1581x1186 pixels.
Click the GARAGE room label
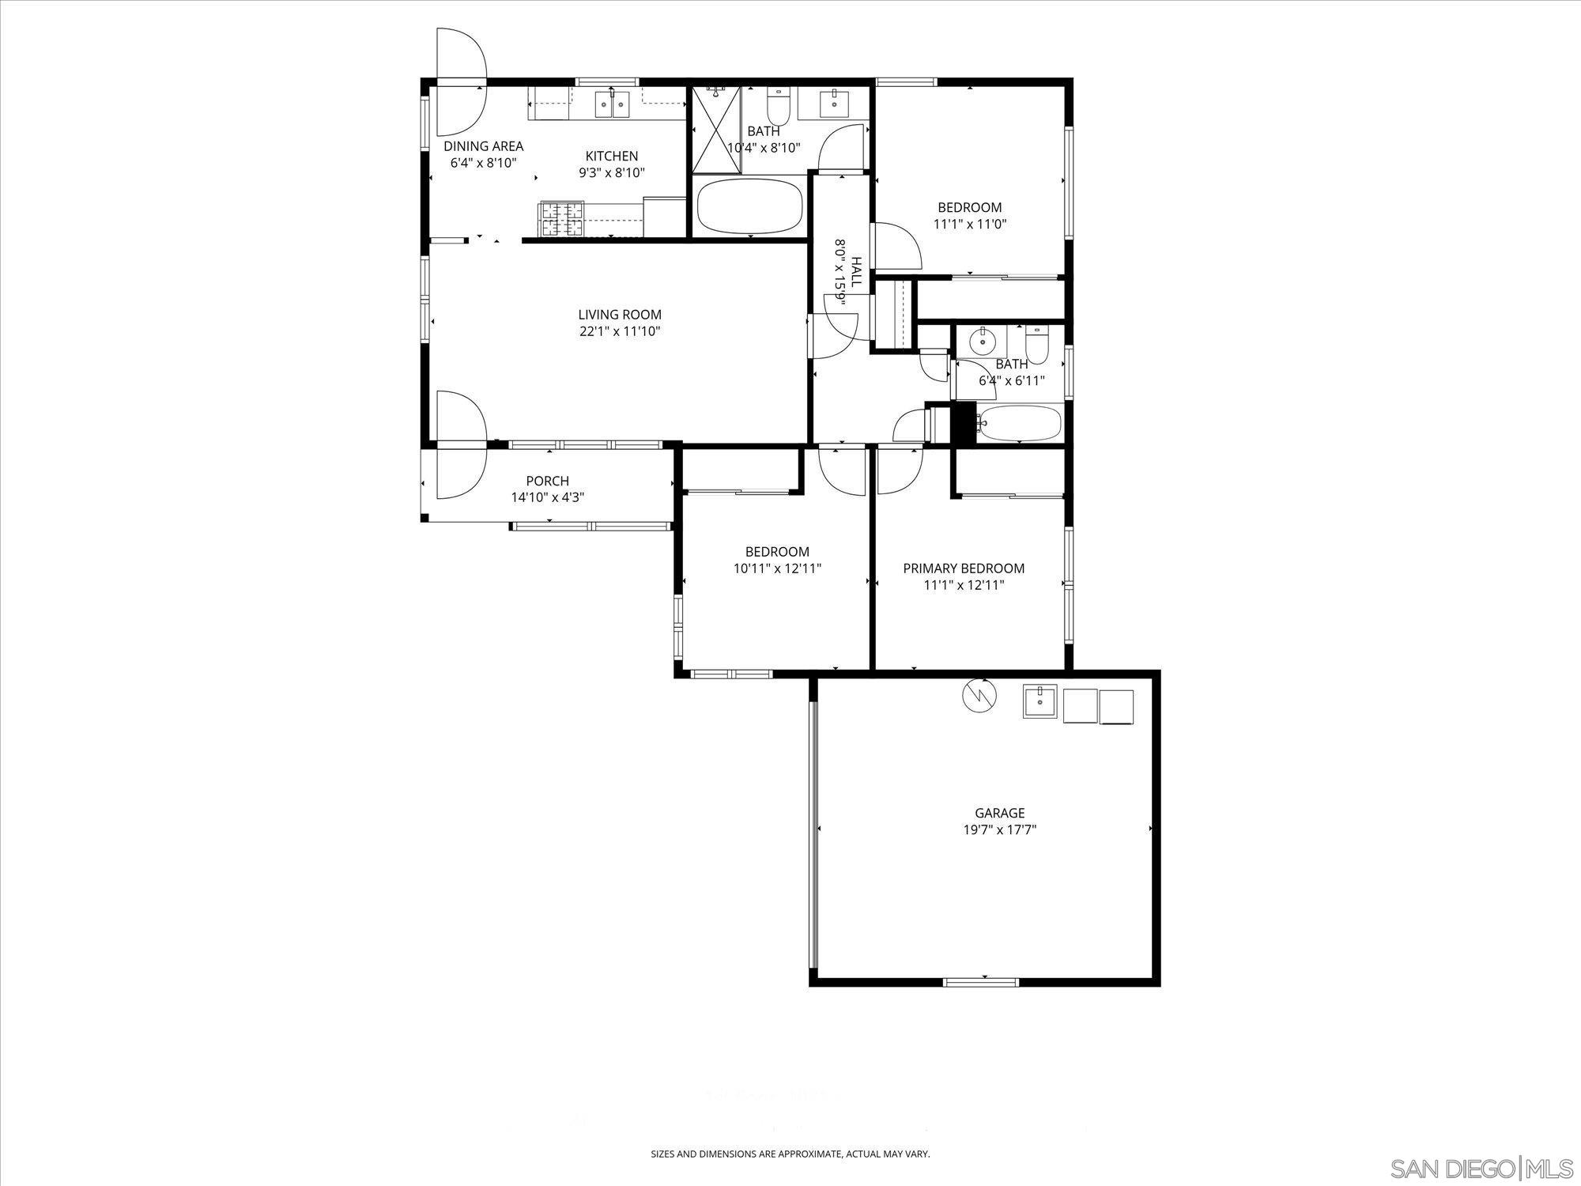pyautogui.click(x=999, y=813)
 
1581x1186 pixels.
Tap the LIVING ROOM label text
pyautogui.click(x=619, y=315)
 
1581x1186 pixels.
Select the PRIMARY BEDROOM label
pyautogui.click(x=964, y=568)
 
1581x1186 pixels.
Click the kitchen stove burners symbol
pyautogui.click(x=561, y=219)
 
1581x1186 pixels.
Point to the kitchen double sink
pyautogui.click(x=613, y=104)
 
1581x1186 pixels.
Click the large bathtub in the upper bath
pyautogui.click(x=749, y=206)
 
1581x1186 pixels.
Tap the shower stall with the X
pyautogui.click(x=717, y=129)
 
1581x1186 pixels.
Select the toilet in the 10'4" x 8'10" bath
pyautogui.click(x=779, y=103)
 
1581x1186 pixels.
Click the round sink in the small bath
pyautogui.click(x=983, y=342)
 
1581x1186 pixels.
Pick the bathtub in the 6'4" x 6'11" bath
pyautogui.click(x=1020, y=424)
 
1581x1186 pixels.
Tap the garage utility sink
pyautogui.click(x=1040, y=701)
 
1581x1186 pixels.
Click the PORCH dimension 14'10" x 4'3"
pyautogui.click(x=547, y=497)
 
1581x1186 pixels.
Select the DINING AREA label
pyautogui.click(x=483, y=146)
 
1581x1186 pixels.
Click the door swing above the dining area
pyautogui.click(x=461, y=55)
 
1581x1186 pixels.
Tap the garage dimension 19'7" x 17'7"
pyautogui.click(x=999, y=829)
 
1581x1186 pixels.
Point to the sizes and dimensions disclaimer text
pyautogui.click(x=790, y=1154)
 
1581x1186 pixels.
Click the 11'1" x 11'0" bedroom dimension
pyautogui.click(x=969, y=224)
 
